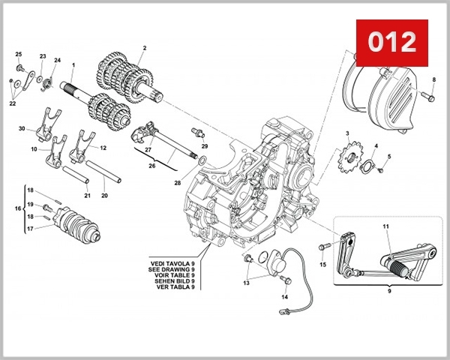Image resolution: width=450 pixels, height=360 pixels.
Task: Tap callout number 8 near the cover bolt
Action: (433, 79)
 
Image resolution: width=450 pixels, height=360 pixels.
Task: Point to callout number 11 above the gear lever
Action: (385, 226)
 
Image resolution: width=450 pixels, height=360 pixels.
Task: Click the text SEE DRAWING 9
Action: (172, 268)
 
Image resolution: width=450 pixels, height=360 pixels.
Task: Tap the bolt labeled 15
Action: (324, 246)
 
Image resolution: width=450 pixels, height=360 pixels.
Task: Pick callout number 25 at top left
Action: (19, 54)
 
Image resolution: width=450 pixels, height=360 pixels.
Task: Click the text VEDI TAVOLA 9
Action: (172, 262)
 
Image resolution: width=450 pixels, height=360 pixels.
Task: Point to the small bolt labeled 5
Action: (380, 169)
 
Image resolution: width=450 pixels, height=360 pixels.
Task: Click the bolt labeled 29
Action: (197, 133)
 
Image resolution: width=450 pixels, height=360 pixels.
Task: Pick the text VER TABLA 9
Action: (172, 287)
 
